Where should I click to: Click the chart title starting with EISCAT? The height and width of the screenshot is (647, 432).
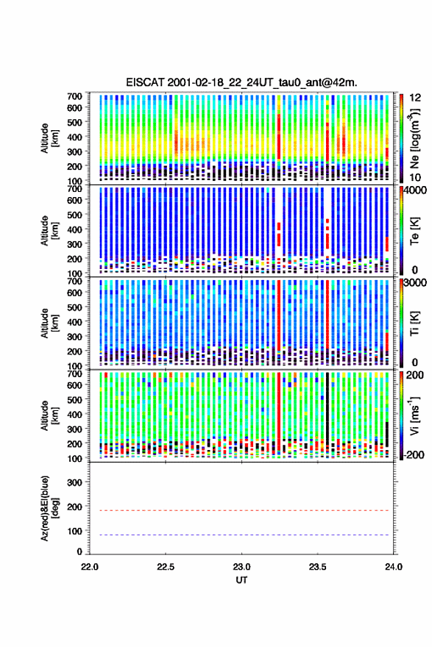pyautogui.click(x=241, y=82)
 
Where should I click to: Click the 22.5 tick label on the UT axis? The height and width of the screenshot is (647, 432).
pyautogui.click(x=165, y=567)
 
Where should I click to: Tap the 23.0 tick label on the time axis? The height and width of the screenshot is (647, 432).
pyautogui.click(x=241, y=567)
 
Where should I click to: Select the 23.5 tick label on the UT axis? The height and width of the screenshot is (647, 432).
pyautogui.click(x=317, y=567)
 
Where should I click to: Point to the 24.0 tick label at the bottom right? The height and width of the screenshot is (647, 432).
pyautogui.click(x=393, y=567)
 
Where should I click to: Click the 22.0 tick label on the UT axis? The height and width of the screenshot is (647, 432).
pyautogui.click(x=90, y=567)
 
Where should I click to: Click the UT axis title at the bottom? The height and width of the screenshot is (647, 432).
pyautogui.click(x=241, y=580)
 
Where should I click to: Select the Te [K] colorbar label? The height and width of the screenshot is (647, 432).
pyautogui.click(x=414, y=231)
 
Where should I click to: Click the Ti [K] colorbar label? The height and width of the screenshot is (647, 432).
pyautogui.click(x=414, y=323)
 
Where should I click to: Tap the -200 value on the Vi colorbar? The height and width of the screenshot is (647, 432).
pyautogui.click(x=414, y=454)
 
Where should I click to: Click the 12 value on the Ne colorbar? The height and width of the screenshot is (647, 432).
pyautogui.click(x=415, y=98)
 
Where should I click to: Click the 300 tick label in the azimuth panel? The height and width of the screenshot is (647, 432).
pyautogui.click(x=75, y=482)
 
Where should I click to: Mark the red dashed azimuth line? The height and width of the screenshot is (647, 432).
pyautogui.click(x=239, y=510)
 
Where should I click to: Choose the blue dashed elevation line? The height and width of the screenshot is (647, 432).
pyautogui.click(x=239, y=535)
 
